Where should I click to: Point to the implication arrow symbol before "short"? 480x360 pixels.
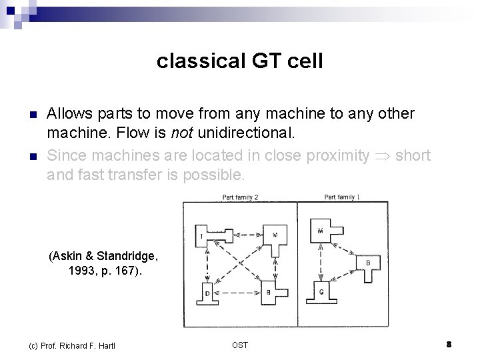(x=382, y=156)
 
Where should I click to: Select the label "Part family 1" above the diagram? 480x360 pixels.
(x=342, y=197)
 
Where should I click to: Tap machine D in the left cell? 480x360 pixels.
(x=207, y=292)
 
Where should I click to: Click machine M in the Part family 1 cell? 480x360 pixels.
(x=322, y=231)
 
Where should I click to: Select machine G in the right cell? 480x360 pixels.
(x=322, y=291)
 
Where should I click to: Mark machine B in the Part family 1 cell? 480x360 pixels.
(x=369, y=263)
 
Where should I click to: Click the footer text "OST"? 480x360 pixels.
(x=240, y=345)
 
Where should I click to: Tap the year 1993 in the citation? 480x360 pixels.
(x=85, y=271)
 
